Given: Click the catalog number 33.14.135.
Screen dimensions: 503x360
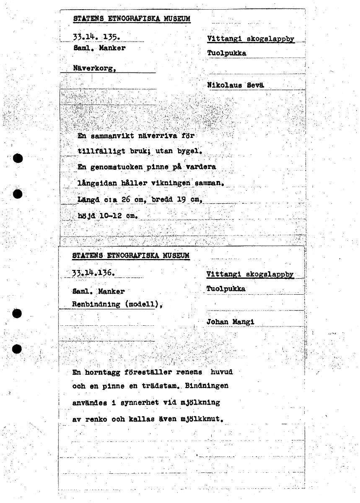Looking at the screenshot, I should pos(97,37).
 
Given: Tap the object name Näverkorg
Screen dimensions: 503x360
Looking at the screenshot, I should pos(95,68).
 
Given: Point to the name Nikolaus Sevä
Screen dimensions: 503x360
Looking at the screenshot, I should pos(236,85).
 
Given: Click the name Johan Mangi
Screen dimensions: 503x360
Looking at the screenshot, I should pos(230,322).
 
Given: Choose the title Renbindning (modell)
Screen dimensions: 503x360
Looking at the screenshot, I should pos(117,305).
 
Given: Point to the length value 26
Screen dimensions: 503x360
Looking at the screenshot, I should pos(126,200).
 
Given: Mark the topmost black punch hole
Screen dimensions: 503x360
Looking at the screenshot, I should pos(17,158).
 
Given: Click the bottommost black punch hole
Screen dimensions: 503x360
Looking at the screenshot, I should pos(17,349).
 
